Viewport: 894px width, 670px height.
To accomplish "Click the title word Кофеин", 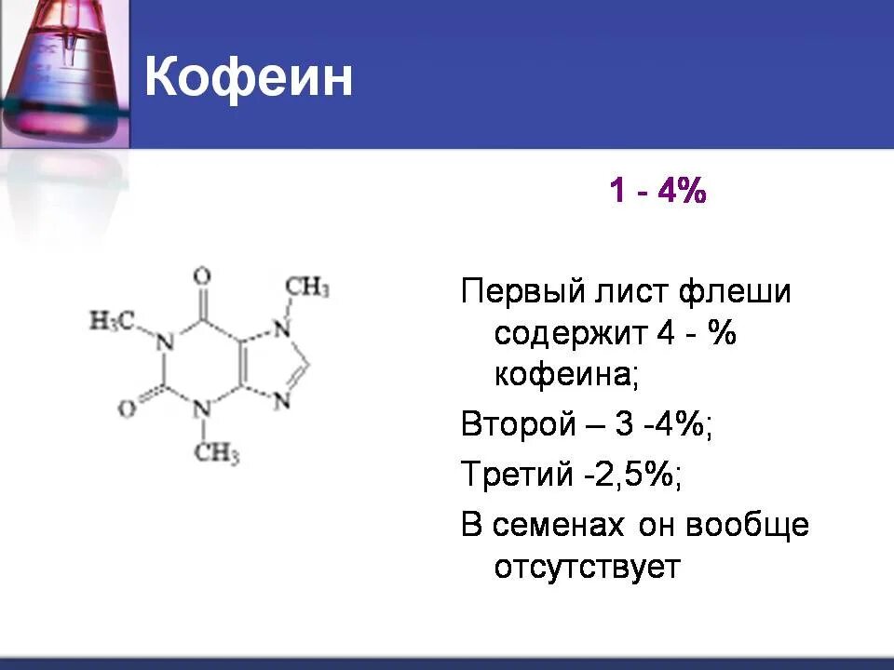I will click(x=249, y=79).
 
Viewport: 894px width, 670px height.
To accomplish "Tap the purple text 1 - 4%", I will click(x=657, y=193).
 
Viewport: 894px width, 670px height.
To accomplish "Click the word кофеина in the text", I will click(x=565, y=376).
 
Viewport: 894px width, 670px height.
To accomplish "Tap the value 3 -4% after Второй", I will click(x=663, y=425).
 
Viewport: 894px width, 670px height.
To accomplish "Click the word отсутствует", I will click(x=588, y=567).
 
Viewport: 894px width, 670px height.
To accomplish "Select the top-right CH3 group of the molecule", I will click(x=307, y=287).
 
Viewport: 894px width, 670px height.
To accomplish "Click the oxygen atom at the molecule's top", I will click(x=201, y=276).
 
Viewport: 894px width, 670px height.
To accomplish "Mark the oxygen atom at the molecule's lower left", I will click(x=126, y=409).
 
